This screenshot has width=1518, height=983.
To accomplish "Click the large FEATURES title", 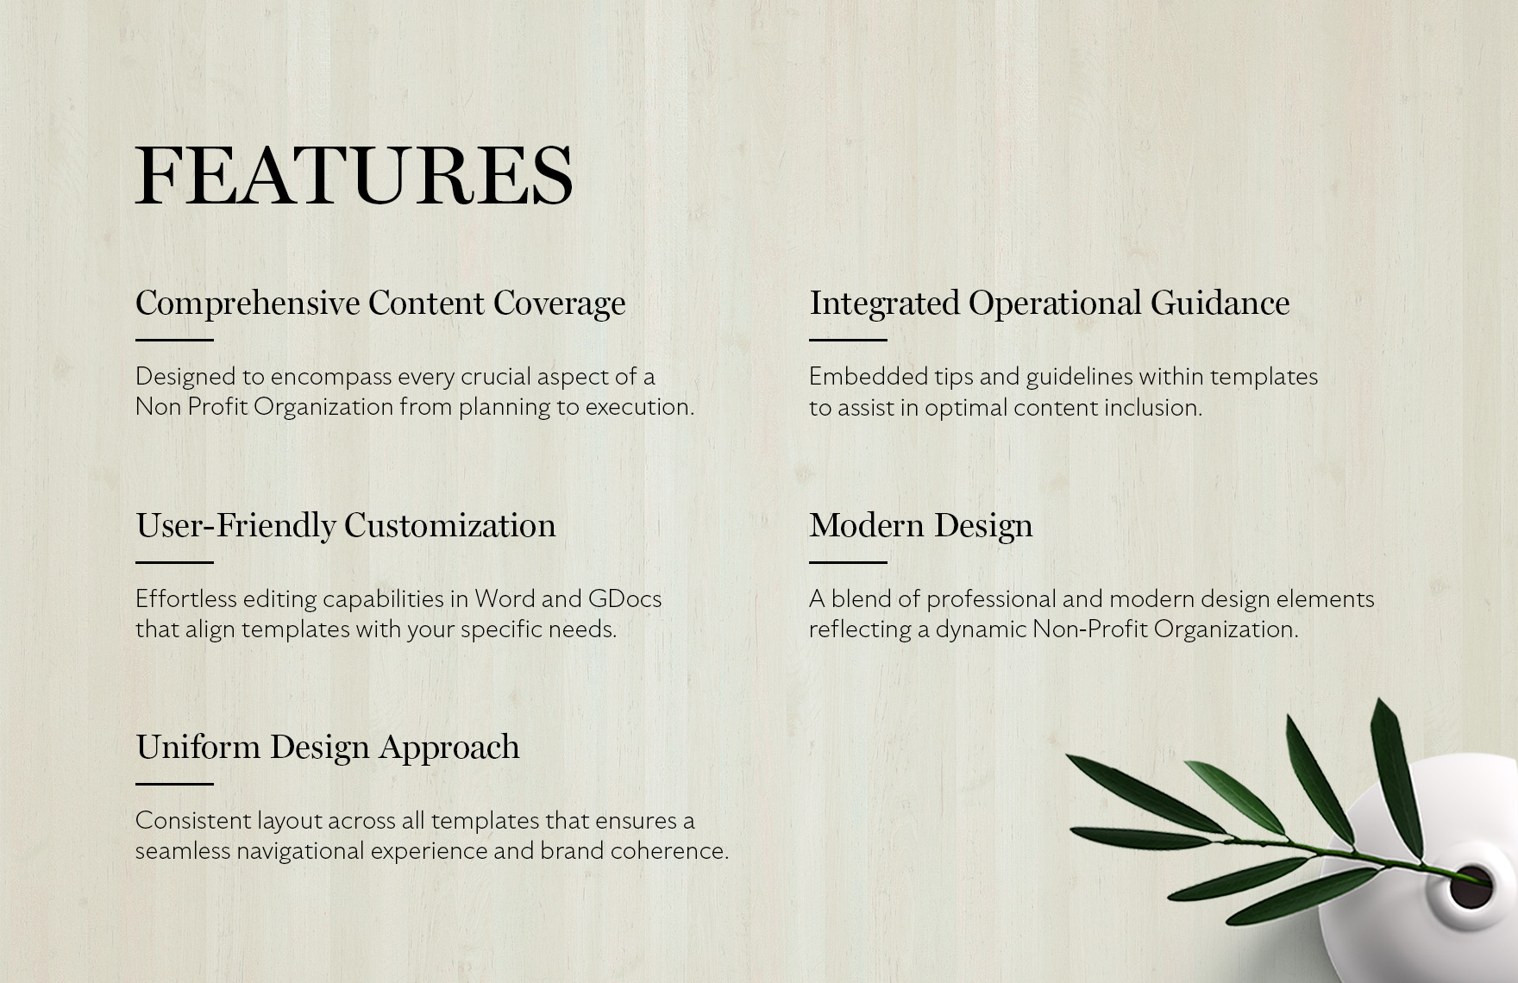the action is [x=354, y=175].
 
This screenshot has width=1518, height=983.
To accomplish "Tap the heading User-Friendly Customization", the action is [x=346, y=526].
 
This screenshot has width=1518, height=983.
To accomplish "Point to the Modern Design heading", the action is [x=920, y=526].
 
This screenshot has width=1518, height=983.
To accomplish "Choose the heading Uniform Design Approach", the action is [x=328, y=748].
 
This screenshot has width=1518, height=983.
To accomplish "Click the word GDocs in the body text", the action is [x=624, y=598].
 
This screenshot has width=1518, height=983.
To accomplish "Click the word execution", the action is [x=640, y=407].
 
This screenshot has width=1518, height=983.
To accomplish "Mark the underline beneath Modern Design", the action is [x=848, y=562].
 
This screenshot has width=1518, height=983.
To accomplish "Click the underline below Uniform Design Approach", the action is [x=174, y=784].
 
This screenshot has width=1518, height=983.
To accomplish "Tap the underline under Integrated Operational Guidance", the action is [x=848, y=340].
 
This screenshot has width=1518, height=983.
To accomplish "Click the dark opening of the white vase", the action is [x=1470, y=886].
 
